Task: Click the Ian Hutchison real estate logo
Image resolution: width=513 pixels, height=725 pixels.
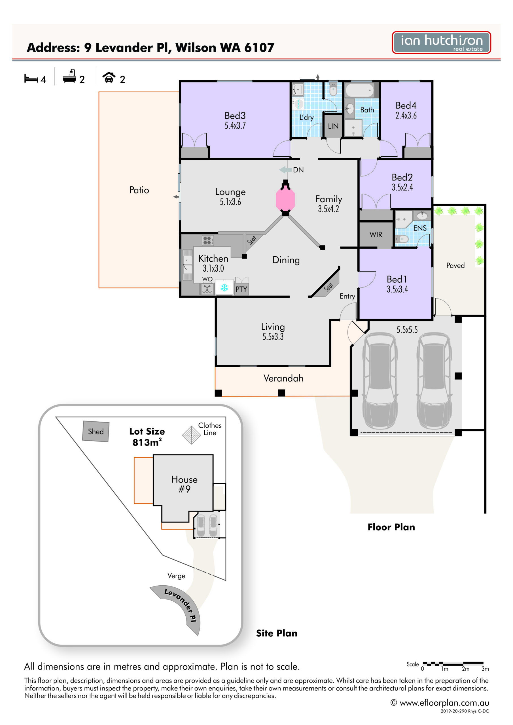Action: pos(441,42)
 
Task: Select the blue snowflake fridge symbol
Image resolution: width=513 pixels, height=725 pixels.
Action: pos(224,287)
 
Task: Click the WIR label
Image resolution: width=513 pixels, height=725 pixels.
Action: pos(376,234)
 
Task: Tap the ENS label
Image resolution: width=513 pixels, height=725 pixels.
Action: pos(420,228)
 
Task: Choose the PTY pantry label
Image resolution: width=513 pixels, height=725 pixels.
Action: pos(241,289)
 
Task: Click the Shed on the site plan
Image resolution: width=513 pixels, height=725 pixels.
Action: pos(96,431)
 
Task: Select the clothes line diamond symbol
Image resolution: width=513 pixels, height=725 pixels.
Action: pos(192,435)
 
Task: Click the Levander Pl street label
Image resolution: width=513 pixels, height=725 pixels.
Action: pos(181,605)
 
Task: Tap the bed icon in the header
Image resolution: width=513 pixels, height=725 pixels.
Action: pos(31,78)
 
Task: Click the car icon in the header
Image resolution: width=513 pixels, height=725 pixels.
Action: pos(109,77)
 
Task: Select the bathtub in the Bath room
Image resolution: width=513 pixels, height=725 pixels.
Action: pos(359,90)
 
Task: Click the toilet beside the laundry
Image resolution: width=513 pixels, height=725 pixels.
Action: pos(333,89)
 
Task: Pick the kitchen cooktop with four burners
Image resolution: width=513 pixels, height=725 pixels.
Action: pos(207,241)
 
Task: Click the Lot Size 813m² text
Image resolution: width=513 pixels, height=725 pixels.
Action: pos(147,437)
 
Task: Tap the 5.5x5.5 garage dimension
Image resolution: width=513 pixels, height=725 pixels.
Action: pos(407,330)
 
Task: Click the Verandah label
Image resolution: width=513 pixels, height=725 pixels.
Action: pos(283,378)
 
